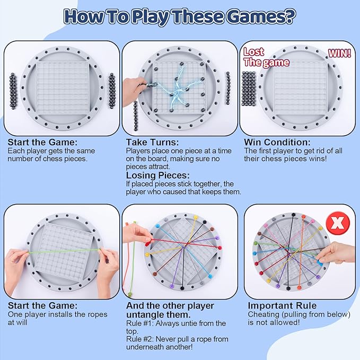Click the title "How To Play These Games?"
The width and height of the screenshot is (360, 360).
[180, 16]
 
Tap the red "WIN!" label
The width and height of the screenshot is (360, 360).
[339, 53]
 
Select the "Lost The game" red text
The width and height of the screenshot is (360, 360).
[266, 57]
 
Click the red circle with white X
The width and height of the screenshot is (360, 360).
[338, 222]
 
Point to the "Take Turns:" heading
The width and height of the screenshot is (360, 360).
[152, 142]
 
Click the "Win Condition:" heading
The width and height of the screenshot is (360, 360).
[277, 142]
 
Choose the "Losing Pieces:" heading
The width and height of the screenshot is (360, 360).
[157, 175]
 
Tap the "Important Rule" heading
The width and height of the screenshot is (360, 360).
[282, 305]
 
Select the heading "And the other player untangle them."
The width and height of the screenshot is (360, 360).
[170, 310]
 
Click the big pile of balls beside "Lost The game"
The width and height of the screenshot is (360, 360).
[249, 89]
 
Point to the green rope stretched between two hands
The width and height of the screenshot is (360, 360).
[64, 251]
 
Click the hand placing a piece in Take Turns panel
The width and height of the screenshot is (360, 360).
[134, 91]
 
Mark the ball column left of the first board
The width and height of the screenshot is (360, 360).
[13, 91]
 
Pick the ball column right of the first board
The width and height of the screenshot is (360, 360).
[112, 91]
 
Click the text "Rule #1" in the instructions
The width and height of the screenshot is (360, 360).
[140, 323]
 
